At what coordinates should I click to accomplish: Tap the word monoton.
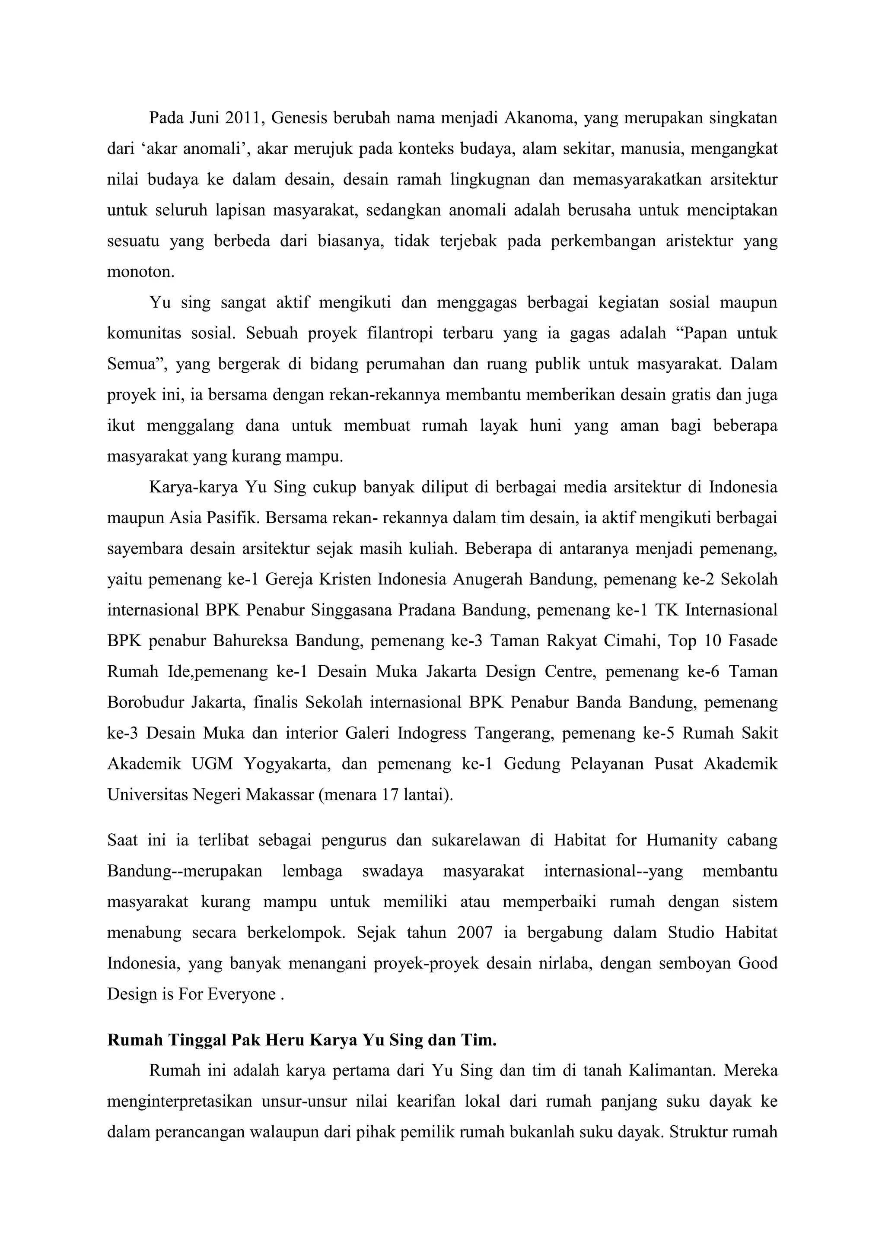(x=140, y=272)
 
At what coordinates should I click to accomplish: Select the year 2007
(x=475, y=933)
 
